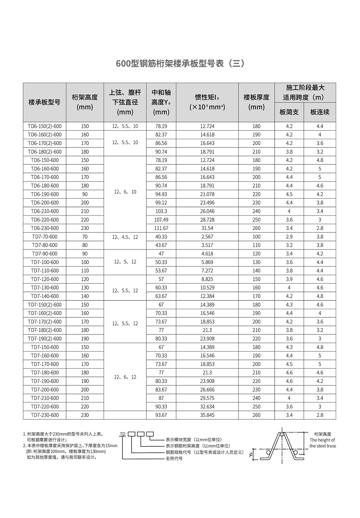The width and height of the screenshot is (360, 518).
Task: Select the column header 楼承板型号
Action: pyautogui.click(x=44, y=103)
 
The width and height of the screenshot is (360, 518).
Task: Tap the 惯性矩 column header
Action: pyautogui.click(x=207, y=102)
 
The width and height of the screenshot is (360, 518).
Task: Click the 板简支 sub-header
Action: pyautogui.click(x=289, y=112)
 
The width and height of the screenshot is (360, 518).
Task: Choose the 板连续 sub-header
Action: pyautogui.click(x=320, y=112)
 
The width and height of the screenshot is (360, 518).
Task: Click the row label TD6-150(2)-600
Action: pyautogui.click(x=45, y=126)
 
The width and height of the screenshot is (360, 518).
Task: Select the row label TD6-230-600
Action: pyautogui.click(x=45, y=228)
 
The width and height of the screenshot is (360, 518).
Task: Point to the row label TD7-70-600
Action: pyautogui.click(x=45, y=237)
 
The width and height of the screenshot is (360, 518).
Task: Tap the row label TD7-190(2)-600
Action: pyautogui.click(x=45, y=338)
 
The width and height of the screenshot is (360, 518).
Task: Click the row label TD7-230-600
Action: pyautogui.click(x=45, y=415)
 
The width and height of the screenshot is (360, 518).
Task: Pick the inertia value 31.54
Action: pyautogui.click(x=207, y=228)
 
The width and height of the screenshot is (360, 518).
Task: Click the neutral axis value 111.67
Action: pyautogui.click(x=161, y=228)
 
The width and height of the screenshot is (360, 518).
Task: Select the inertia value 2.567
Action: pyautogui.click(x=207, y=237)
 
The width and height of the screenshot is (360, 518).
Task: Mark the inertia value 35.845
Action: pyautogui.click(x=207, y=415)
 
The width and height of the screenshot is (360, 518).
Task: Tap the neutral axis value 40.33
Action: pyautogui.click(x=161, y=237)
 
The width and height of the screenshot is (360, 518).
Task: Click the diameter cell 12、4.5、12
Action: pyautogui.click(x=125, y=237)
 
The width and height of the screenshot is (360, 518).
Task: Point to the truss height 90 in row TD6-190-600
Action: pyautogui.click(x=85, y=194)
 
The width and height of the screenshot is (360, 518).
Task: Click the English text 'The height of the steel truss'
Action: pyautogui.click(x=322, y=443)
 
